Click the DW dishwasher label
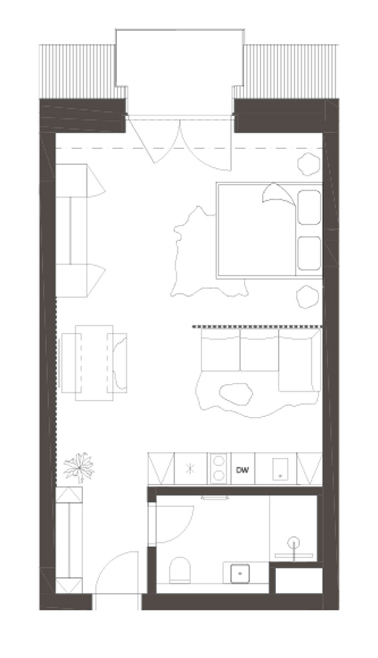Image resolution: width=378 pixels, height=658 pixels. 242,470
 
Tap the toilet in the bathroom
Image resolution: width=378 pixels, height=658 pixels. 180,570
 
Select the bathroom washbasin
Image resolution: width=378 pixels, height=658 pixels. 240,573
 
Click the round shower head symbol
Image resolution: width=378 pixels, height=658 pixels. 294,541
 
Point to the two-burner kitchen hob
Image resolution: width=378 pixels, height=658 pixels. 219,468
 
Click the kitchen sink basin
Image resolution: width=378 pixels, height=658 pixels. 280,469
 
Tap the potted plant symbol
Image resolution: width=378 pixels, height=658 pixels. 79,467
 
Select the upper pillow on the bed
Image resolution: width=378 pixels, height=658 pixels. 309,207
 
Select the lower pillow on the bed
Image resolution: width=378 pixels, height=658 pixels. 309,253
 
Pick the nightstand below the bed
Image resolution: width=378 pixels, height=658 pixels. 307,297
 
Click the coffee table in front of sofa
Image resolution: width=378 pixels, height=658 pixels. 236,394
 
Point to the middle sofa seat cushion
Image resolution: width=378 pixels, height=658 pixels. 259,350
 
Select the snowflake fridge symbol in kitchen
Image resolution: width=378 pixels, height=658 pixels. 191,468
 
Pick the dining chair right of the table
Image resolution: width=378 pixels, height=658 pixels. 117,363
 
